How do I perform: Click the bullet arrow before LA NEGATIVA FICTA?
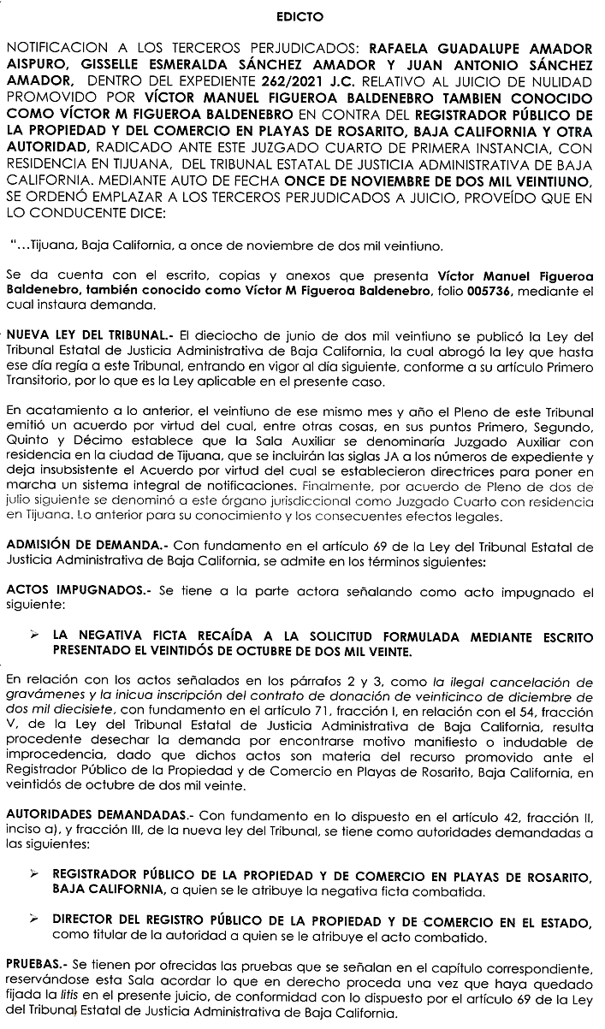click(x=33, y=636)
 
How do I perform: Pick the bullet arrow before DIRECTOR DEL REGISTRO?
click(x=33, y=920)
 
